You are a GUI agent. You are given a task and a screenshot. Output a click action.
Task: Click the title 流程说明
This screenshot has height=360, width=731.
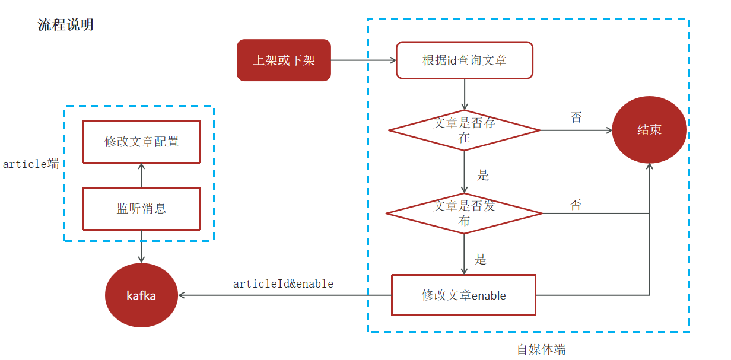(65, 25)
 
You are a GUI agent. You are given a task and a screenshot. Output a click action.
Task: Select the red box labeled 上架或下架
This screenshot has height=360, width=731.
(284, 60)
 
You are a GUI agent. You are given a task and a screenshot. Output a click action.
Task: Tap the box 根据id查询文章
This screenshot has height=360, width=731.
(464, 60)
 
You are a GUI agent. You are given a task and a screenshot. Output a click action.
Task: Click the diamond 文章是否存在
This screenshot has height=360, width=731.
(464, 130)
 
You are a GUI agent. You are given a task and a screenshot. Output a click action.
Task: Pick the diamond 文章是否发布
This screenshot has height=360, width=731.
(464, 213)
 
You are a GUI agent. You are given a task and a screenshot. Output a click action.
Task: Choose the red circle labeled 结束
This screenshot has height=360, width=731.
(649, 130)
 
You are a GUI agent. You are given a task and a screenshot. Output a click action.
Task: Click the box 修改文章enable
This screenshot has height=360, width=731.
(463, 295)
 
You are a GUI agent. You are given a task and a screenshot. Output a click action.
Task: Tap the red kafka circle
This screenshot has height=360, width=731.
(141, 295)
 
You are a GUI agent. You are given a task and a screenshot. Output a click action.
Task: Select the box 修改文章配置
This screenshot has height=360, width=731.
(141, 142)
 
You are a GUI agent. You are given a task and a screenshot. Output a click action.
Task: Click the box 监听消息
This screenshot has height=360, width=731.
(141, 208)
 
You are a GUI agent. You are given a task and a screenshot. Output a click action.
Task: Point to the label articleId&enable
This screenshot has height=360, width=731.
(283, 283)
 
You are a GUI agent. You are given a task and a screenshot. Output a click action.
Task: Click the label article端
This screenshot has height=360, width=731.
(31, 164)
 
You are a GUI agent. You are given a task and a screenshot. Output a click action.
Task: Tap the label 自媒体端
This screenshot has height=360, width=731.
(541, 349)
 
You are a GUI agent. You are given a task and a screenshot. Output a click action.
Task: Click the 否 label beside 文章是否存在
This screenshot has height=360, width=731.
(576, 117)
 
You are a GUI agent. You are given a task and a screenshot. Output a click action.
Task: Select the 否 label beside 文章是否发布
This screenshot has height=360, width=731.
(576, 205)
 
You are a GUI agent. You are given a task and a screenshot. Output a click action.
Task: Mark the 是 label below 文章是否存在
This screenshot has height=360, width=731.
(483, 175)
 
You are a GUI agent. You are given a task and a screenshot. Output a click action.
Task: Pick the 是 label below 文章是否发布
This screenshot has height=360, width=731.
(481, 259)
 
